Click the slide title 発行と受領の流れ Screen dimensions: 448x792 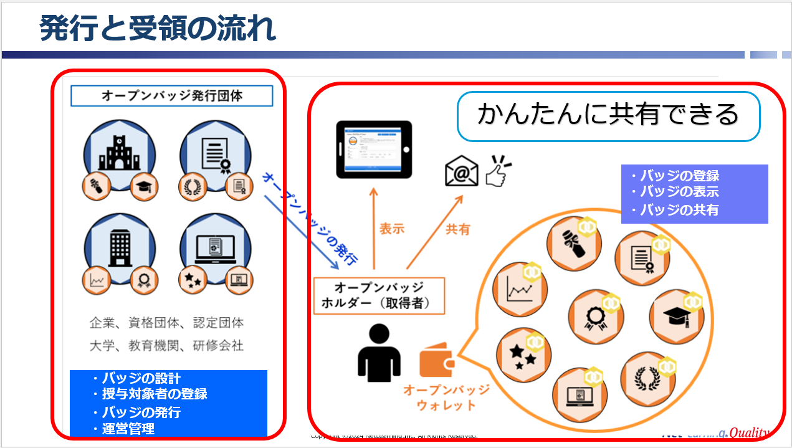click(x=158, y=29)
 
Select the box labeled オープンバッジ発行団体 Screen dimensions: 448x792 click(x=171, y=96)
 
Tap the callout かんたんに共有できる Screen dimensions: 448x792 click(x=608, y=115)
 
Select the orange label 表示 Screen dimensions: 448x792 click(x=392, y=229)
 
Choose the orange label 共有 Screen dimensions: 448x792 click(x=457, y=229)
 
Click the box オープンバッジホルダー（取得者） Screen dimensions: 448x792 click(x=379, y=296)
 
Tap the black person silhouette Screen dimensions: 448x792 click(x=378, y=352)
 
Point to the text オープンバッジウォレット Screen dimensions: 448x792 click(x=446, y=398)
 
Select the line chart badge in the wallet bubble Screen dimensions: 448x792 click(x=519, y=290)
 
